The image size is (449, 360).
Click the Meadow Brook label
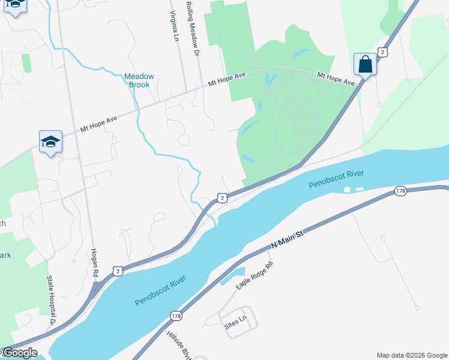139,81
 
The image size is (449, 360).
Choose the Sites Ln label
235,323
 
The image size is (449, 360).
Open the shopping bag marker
366,64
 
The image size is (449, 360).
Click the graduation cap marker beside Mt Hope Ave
51,142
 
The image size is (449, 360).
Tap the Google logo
19,353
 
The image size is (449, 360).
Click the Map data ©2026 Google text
412,355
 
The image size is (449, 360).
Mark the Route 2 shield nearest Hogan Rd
117,271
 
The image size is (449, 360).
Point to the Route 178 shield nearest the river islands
401,191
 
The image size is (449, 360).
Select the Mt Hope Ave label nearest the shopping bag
336,79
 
